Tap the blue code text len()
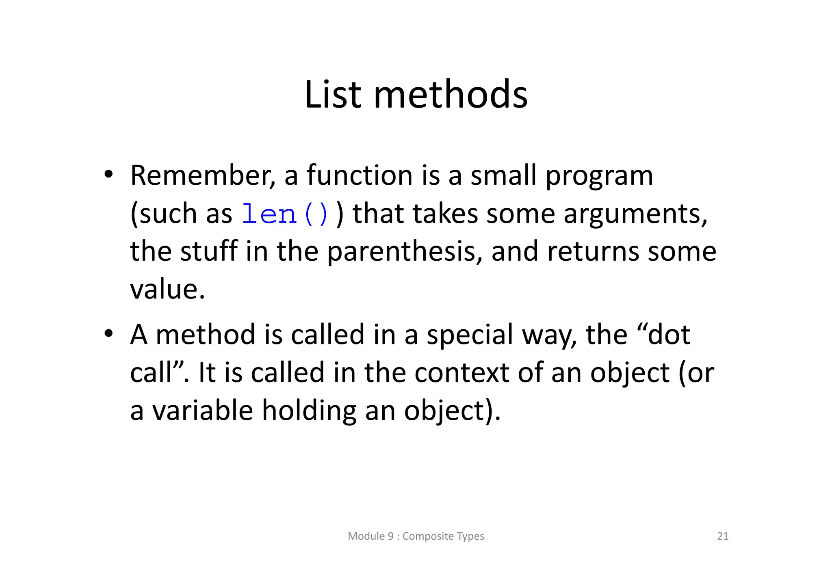coord(285,214)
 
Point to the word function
coord(360,175)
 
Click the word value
coord(167,289)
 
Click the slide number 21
coord(723,536)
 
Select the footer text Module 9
coord(370,536)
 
